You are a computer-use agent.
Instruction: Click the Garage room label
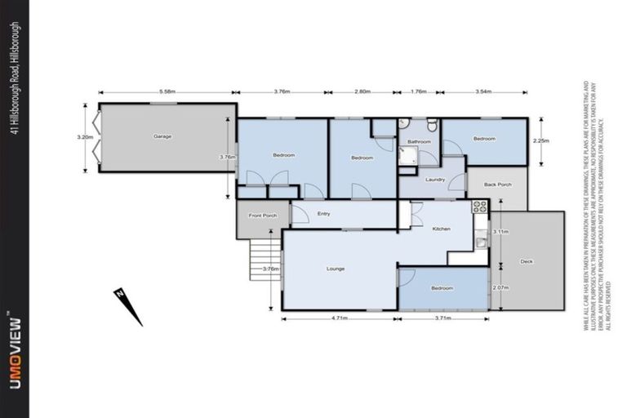pyautogui.click(x=162, y=136)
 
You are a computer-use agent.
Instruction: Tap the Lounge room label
pyautogui.click(x=335, y=269)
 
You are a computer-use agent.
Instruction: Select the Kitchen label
pyautogui.click(x=441, y=229)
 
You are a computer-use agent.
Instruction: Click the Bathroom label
pyautogui.click(x=419, y=141)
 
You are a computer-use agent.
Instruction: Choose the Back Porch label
pyautogui.click(x=497, y=185)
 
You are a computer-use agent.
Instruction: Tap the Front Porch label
pyautogui.click(x=263, y=216)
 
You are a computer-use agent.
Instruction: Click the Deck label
pyautogui.click(x=527, y=261)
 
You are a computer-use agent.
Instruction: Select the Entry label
pyautogui.click(x=323, y=214)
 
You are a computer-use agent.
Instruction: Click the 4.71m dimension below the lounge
pyautogui.click(x=340, y=318)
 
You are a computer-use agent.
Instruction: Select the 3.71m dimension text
pyautogui.click(x=443, y=318)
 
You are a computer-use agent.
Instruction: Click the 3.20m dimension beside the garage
pyautogui.click(x=86, y=137)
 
